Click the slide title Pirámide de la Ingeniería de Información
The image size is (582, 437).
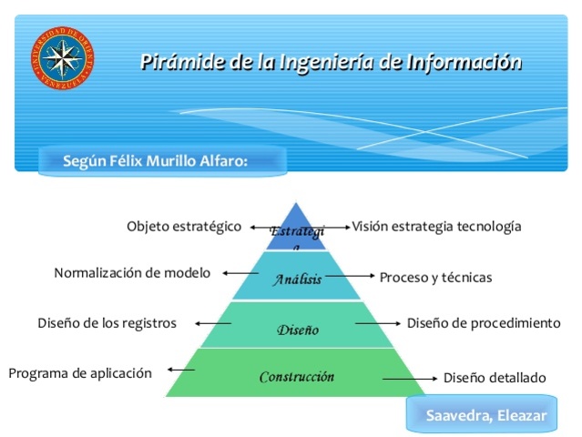pos(331,63)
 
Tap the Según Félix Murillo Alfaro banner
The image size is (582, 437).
pos(156,161)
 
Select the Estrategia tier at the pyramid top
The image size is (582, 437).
pos(295,230)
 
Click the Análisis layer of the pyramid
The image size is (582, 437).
pos(297,279)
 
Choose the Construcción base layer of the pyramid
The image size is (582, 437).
pos(296,376)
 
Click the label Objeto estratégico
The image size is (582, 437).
pos(183,226)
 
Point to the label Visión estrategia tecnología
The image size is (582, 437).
pos(436,226)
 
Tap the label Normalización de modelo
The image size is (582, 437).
pos(132,272)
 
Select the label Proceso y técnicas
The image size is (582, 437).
pos(435,277)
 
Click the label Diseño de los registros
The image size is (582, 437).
pos(107,322)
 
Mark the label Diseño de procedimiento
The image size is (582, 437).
pos(484,322)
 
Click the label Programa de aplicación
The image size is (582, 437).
pos(80,372)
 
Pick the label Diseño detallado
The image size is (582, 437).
pos(495,377)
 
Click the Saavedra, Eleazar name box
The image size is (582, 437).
pos(486,416)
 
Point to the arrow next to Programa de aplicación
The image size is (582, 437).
pos(180,369)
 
